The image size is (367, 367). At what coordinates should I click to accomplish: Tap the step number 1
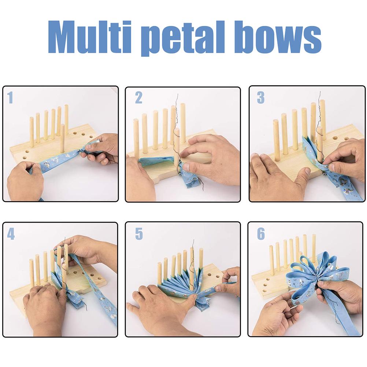tap(10, 98)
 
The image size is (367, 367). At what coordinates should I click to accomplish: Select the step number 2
tap(138, 98)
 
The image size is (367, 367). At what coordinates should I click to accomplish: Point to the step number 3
tap(260, 98)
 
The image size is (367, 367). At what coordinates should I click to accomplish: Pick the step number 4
tap(11, 234)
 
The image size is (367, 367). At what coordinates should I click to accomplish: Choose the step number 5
tap(138, 234)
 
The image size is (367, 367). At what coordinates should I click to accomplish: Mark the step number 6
tap(260, 234)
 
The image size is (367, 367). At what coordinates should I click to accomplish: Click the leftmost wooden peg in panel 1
tap(32, 132)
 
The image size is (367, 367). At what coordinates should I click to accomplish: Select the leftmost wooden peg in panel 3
tap(276, 139)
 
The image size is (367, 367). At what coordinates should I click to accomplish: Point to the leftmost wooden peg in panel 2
tap(136, 136)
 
